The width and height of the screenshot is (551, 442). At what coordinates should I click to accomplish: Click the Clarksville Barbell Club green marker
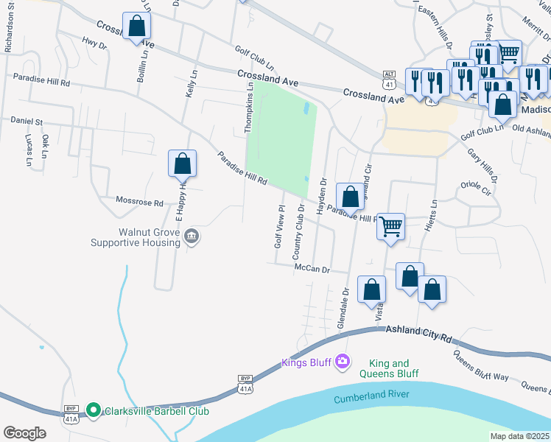93,410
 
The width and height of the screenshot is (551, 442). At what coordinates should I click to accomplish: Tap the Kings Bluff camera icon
342,360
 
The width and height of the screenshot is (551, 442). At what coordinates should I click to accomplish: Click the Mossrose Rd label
140,201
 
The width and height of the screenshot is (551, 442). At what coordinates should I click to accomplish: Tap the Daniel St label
26,121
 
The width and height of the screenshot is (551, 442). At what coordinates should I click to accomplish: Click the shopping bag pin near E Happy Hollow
182,164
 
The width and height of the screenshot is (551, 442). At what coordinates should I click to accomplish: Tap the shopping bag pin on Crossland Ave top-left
136,27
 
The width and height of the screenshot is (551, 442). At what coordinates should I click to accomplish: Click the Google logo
24,433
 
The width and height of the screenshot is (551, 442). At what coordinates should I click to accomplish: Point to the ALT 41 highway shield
390,74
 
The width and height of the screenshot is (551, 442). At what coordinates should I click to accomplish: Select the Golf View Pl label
279,226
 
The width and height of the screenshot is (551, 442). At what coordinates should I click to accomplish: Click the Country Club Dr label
299,231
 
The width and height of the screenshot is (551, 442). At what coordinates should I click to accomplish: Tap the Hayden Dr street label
322,195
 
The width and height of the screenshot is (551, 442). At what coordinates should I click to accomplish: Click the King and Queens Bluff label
389,368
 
